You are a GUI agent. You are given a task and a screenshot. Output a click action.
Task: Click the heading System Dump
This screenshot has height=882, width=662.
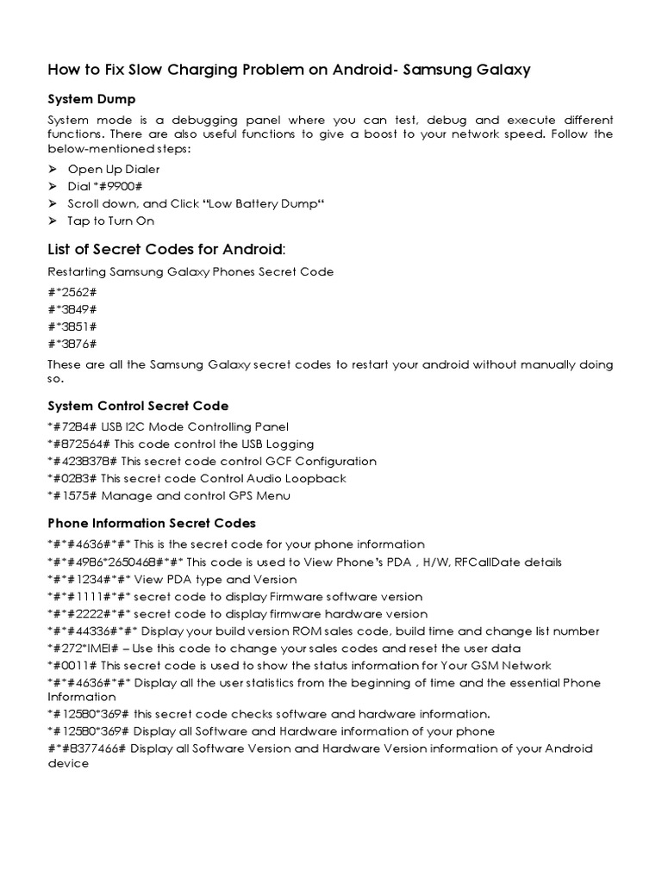91,100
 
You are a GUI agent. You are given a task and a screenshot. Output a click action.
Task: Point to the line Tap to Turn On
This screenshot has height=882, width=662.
111,221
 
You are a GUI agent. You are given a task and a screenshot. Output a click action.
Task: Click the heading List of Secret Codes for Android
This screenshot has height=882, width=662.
164,250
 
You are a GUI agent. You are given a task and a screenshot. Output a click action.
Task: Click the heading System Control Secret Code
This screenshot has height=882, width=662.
138,406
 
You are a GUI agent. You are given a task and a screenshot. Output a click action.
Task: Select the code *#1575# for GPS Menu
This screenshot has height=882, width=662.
73,495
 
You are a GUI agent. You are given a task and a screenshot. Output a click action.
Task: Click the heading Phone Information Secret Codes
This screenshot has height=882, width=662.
152,523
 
